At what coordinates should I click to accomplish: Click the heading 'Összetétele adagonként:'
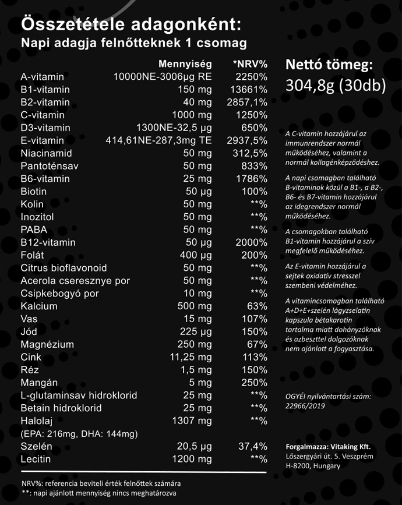click(130, 24)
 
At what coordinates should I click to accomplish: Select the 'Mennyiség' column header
click(185, 63)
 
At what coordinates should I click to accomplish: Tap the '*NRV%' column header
click(250, 63)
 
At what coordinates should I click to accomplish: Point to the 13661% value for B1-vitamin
click(248, 90)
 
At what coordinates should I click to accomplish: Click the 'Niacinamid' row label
click(46, 153)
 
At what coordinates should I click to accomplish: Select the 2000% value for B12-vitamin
click(251, 242)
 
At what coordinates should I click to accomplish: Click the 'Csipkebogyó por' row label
click(59, 293)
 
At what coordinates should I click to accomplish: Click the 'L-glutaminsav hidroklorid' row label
click(79, 395)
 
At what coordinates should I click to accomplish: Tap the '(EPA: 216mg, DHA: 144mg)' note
click(79, 434)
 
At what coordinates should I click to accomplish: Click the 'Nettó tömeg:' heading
click(329, 65)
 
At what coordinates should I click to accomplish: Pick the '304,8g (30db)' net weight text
click(336, 86)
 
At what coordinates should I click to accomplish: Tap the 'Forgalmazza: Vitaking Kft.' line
click(328, 447)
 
